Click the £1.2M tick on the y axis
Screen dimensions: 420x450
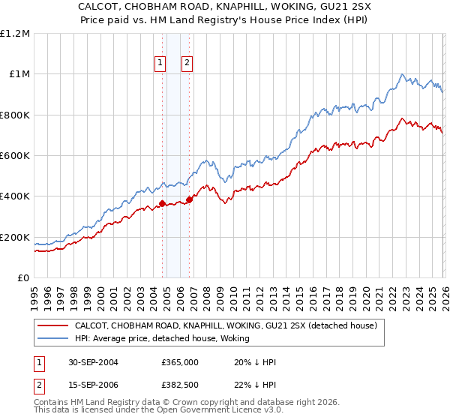click(15, 33)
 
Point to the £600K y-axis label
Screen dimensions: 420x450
click(15, 156)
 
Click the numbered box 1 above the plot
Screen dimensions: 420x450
click(160, 64)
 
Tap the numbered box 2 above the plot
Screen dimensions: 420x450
click(187, 64)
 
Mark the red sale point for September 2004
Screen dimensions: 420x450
click(163, 203)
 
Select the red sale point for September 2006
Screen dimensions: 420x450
click(189, 199)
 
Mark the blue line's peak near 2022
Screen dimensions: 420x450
click(403, 73)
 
